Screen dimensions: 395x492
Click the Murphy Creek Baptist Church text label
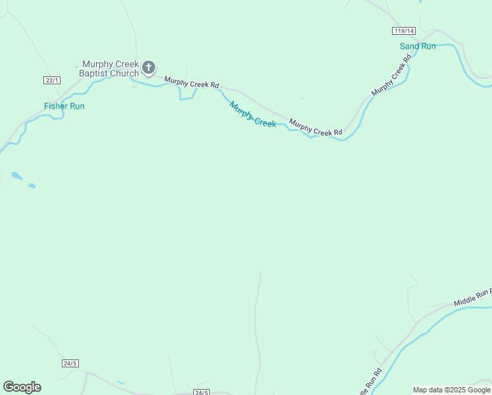point(109,68)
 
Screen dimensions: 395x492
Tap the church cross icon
point(149,66)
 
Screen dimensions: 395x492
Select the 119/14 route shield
point(404,31)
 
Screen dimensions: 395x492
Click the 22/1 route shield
point(52,80)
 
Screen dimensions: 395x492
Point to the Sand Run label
point(418,46)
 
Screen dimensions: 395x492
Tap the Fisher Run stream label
point(64,106)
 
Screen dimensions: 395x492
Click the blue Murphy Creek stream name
point(253,113)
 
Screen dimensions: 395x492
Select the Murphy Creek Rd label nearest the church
point(191,84)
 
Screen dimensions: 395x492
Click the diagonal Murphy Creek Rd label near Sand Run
point(391,75)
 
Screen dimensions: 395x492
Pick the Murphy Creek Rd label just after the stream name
point(316,128)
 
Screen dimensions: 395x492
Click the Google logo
point(22,387)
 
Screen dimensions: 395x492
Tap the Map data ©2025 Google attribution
point(451,390)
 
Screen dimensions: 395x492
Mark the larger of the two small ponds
point(16,176)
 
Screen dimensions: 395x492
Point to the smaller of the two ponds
point(32,186)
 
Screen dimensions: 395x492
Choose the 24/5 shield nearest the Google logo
point(70,363)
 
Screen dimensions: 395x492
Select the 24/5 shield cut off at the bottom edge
point(201,392)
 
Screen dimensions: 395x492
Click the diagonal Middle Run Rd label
point(369,379)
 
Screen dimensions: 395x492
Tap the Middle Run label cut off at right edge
point(472,298)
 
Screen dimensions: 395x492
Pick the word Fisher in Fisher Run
point(55,106)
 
